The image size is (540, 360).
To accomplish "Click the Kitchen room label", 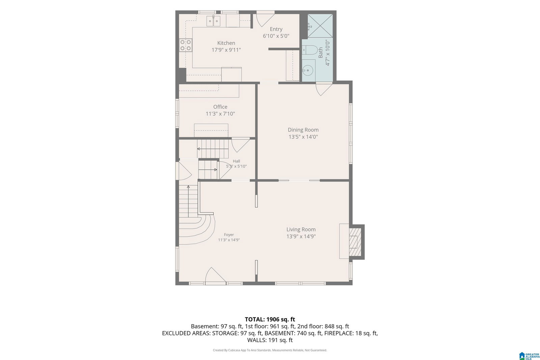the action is [x=226, y=43].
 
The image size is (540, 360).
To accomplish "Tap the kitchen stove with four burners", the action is [x=186, y=45].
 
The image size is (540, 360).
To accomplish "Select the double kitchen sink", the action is [x=213, y=21].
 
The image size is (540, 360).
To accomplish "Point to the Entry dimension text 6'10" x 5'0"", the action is [x=276, y=36].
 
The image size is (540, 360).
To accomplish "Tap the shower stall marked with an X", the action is [x=320, y=26].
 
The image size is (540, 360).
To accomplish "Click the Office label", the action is [x=220, y=107].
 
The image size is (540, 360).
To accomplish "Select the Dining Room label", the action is [x=303, y=130].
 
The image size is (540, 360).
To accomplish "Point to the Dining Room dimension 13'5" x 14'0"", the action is [x=303, y=137].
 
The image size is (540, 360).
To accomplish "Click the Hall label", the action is [x=237, y=161].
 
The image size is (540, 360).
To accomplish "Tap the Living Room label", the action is [x=301, y=229].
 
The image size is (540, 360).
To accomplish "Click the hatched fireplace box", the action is [x=355, y=242].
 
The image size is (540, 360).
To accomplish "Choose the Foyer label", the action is [x=229, y=235].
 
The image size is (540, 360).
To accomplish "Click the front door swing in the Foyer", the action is [x=215, y=276].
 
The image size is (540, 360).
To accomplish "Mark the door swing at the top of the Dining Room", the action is [x=324, y=89].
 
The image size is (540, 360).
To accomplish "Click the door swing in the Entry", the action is [x=265, y=19].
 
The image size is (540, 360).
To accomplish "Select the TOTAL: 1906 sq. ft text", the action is [x=270, y=320].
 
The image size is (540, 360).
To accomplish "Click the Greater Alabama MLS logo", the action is [x=530, y=356].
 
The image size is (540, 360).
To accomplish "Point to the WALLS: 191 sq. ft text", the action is [x=270, y=340].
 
